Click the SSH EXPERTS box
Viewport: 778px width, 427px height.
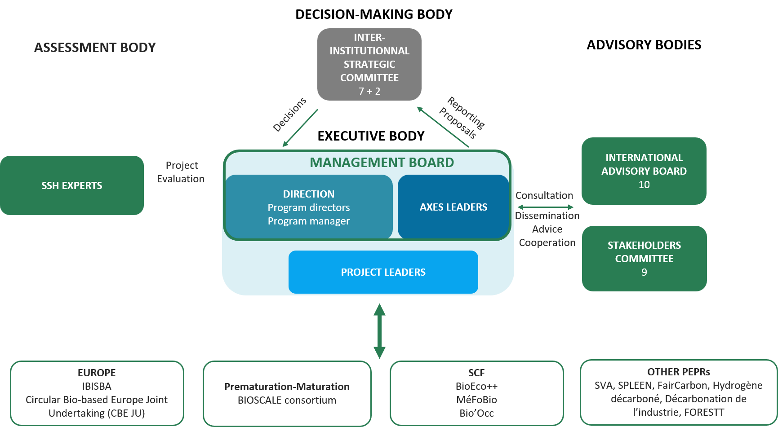tap(72, 185)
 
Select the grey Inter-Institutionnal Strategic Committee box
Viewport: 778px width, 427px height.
tap(369, 64)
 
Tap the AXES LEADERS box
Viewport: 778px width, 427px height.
tap(453, 207)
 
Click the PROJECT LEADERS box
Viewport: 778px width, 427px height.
tap(383, 272)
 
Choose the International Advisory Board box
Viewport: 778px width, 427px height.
tap(644, 171)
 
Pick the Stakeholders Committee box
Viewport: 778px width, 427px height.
tap(644, 258)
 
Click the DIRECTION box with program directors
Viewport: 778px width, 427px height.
tap(308, 207)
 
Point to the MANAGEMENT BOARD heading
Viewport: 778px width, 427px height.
tap(382, 163)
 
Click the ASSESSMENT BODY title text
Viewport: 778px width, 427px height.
tap(95, 48)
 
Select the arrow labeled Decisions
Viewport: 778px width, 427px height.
tap(300, 128)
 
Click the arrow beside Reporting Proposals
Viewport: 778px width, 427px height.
tap(443, 127)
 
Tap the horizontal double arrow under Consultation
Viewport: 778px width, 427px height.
tap(545, 207)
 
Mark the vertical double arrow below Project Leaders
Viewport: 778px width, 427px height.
tap(379, 331)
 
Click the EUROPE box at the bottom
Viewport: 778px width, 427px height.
tap(97, 393)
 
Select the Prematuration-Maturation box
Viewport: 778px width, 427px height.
tap(287, 393)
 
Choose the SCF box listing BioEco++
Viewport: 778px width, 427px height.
tap(476, 393)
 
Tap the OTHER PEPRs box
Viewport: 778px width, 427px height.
tap(679, 392)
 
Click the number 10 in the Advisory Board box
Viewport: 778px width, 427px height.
tap(644, 185)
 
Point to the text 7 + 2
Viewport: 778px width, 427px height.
tap(369, 91)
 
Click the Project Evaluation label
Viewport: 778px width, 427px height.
tap(181, 172)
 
